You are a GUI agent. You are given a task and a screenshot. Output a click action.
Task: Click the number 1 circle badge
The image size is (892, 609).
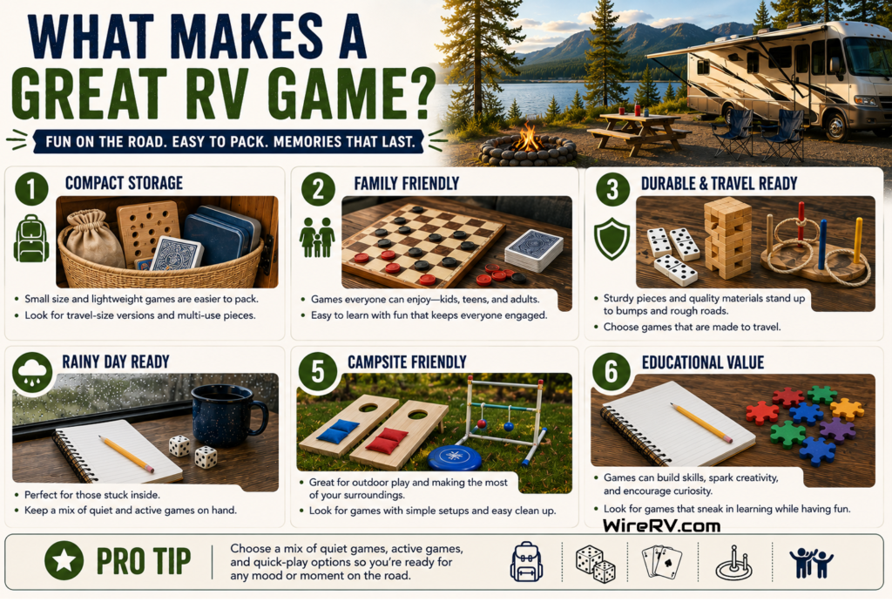pyautogui.click(x=32, y=188)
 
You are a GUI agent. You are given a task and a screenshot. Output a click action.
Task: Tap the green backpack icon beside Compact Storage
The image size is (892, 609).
pyautogui.click(x=30, y=239)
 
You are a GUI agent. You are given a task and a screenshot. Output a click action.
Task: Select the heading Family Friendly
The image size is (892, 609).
pyautogui.click(x=406, y=183)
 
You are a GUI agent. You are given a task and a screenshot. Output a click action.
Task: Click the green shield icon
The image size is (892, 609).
pyautogui.click(x=612, y=239)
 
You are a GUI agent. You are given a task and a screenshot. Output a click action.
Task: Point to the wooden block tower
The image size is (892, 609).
pyautogui.click(x=727, y=238)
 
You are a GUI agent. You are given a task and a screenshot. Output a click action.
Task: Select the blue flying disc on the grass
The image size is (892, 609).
pyautogui.click(x=454, y=457)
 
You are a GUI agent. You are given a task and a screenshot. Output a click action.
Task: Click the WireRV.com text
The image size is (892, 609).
pyautogui.click(x=662, y=525)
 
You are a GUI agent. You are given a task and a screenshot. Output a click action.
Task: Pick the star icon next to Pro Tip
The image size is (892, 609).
pyautogui.click(x=64, y=560)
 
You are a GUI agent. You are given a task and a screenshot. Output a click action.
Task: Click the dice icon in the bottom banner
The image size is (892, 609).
pyautogui.click(x=595, y=564)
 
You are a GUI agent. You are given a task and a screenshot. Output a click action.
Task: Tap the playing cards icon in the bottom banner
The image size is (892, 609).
pyautogui.click(x=662, y=562)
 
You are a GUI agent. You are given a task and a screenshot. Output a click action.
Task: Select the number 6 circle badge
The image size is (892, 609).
pyautogui.click(x=611, y=372)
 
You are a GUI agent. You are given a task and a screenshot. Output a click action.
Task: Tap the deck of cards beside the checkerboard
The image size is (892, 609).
pyautogui.click(x=534, y=250)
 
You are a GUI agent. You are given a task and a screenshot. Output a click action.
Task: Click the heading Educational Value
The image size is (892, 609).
pyautogui.click(x=703, y=362)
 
